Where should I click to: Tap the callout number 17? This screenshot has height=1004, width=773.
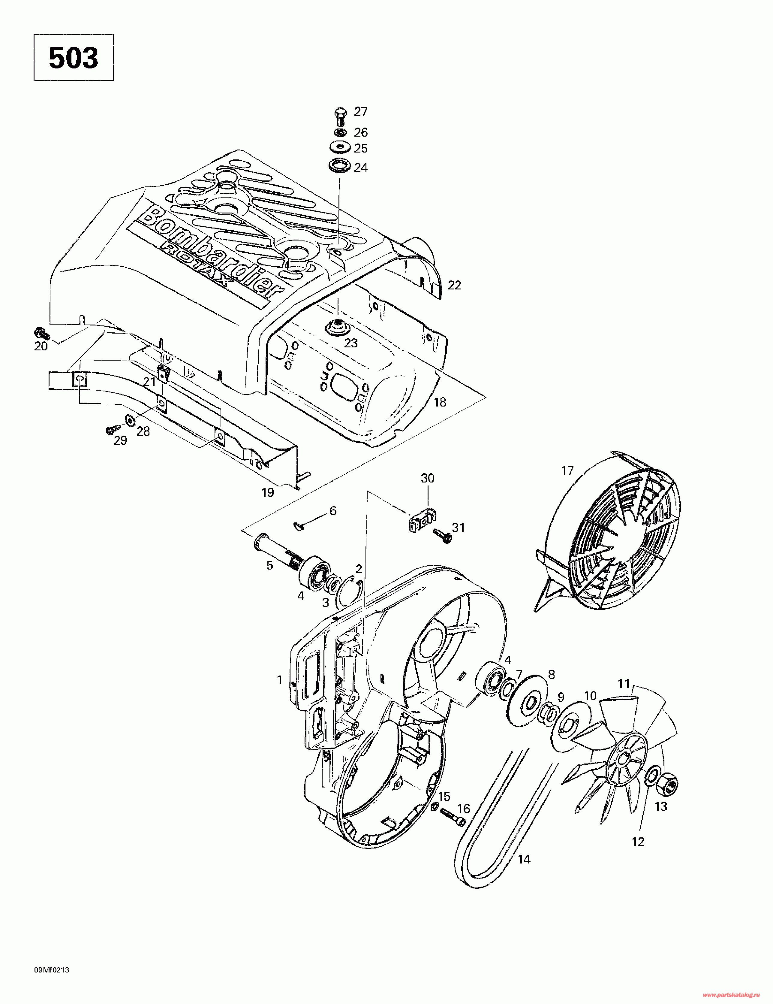pos(567,471)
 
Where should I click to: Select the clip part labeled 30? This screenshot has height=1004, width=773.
pos(422,520)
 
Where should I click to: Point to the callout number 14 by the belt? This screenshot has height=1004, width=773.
pos(524,859)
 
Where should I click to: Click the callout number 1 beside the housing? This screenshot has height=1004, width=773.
pos(279,679)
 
